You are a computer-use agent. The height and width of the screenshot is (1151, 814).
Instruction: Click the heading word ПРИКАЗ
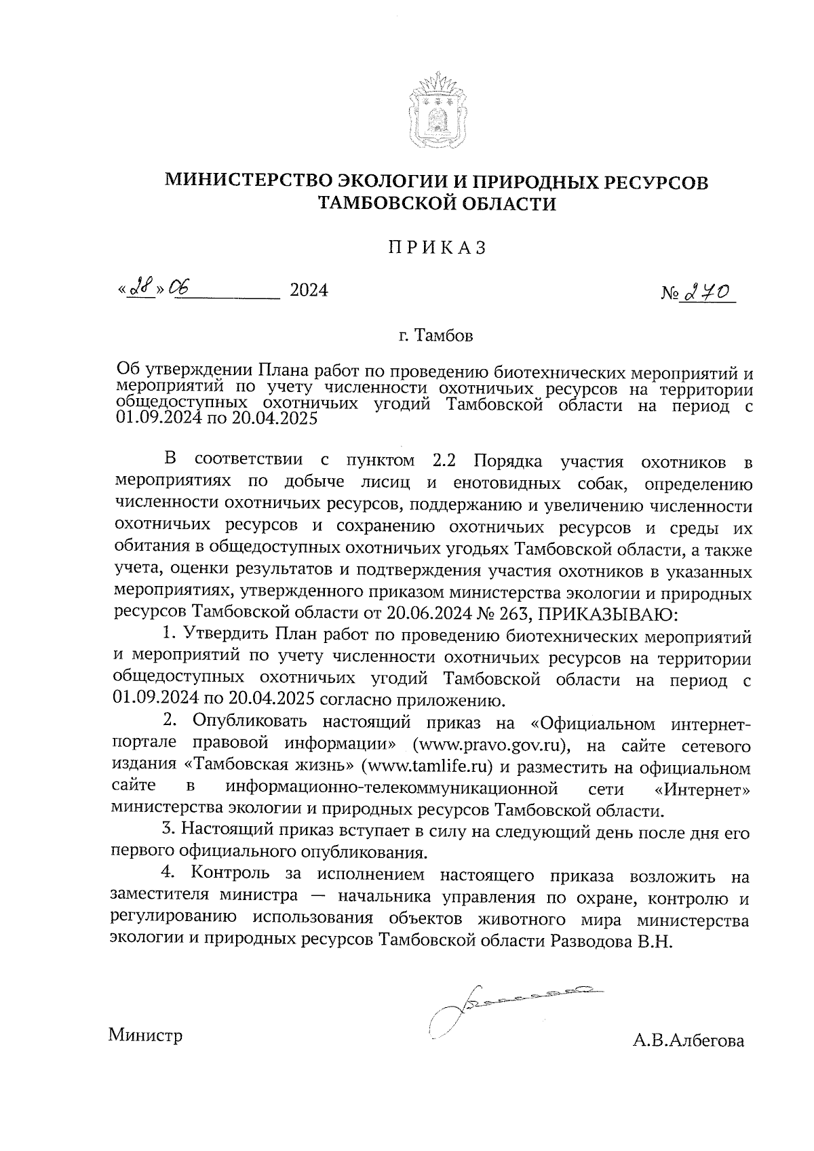[438, 248]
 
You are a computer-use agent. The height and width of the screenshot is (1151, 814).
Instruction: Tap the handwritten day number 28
[140, 289]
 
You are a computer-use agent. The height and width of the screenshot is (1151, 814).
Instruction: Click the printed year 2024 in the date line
[309, 290]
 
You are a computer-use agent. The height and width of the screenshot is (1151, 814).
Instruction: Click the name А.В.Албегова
[688, 1040]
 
